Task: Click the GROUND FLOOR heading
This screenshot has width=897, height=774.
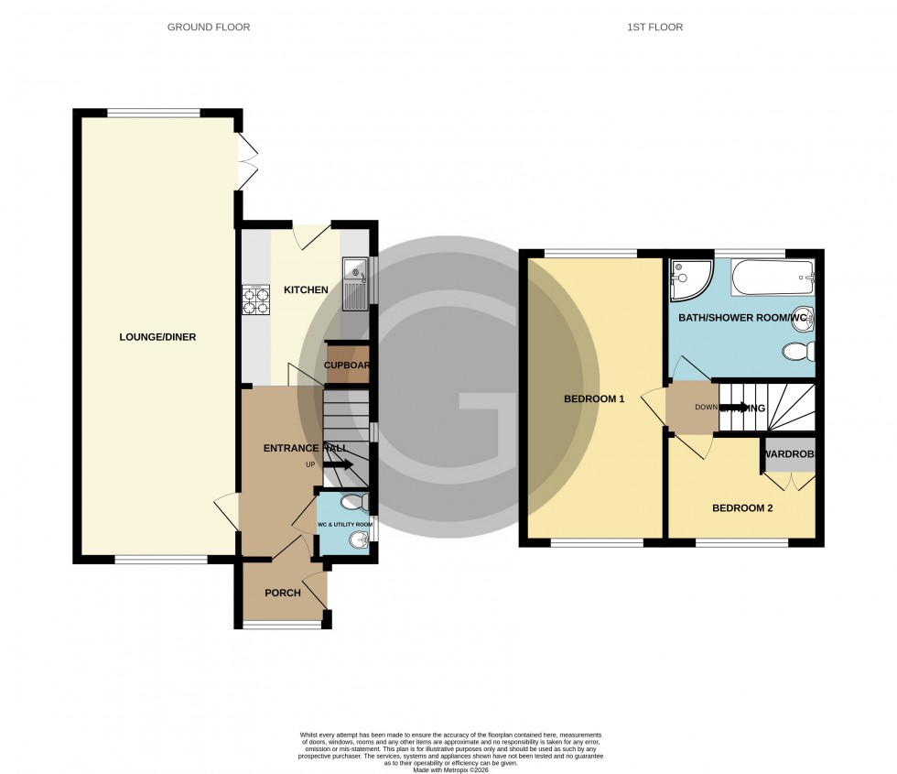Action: [208, 27]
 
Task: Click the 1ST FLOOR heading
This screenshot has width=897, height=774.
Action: [654, 27]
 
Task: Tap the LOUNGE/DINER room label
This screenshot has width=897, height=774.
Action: [157, 337]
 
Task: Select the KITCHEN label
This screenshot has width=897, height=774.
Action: [306, 290]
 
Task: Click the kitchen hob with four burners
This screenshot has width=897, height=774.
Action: [256, 299]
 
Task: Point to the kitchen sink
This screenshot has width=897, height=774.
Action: [354, 284]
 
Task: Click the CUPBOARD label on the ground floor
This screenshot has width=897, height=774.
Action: [348, 365]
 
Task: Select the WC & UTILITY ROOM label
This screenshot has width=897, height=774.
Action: [343, 524]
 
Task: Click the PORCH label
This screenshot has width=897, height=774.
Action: [283, 593]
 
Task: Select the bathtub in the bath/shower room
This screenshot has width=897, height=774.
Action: [772, 276]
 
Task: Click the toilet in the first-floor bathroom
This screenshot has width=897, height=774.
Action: [797, 350]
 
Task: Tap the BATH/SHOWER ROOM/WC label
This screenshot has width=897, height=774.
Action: [744, 318]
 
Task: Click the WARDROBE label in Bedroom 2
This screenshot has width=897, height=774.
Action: [787, 454]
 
